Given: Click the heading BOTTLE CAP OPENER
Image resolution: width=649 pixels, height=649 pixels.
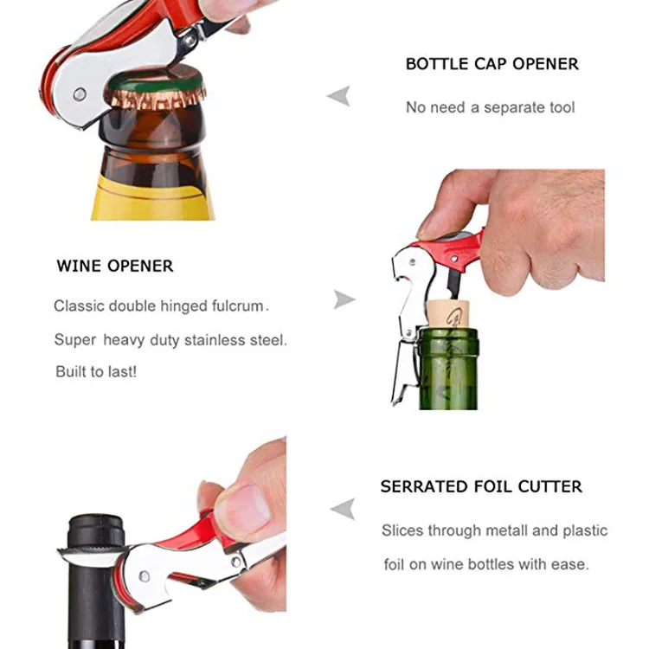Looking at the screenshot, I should (492, 64).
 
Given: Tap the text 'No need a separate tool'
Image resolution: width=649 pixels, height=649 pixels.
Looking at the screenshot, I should (490, 107).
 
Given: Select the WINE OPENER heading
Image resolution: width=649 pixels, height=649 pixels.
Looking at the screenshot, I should (115, 266).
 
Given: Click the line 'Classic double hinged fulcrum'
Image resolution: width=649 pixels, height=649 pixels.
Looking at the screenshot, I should (161, 305).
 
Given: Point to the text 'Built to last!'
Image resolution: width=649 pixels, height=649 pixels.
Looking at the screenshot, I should (95, 371).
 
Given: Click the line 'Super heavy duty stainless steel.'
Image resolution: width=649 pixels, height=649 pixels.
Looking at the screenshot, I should (170, 339).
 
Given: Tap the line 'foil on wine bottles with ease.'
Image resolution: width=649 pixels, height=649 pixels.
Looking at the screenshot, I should (486, 564).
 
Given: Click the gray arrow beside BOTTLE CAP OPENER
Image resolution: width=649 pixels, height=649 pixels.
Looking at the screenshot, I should (338, 95).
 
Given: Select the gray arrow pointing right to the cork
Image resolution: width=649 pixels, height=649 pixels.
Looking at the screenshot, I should (344, 300).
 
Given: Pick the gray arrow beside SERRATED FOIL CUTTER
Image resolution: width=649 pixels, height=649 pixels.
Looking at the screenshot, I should (343, 509).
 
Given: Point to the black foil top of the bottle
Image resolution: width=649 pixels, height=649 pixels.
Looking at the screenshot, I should (95, 531).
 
